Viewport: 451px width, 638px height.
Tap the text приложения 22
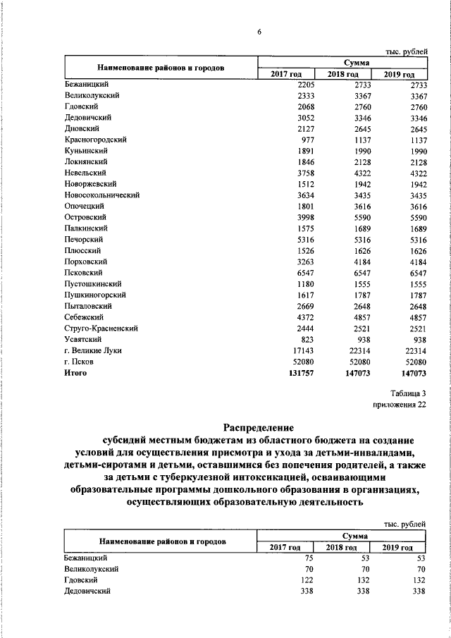400,405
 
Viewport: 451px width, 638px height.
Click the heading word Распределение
259,427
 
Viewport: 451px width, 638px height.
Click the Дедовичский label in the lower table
88,591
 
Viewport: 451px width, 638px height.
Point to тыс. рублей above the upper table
405,52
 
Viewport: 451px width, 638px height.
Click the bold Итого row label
75,373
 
